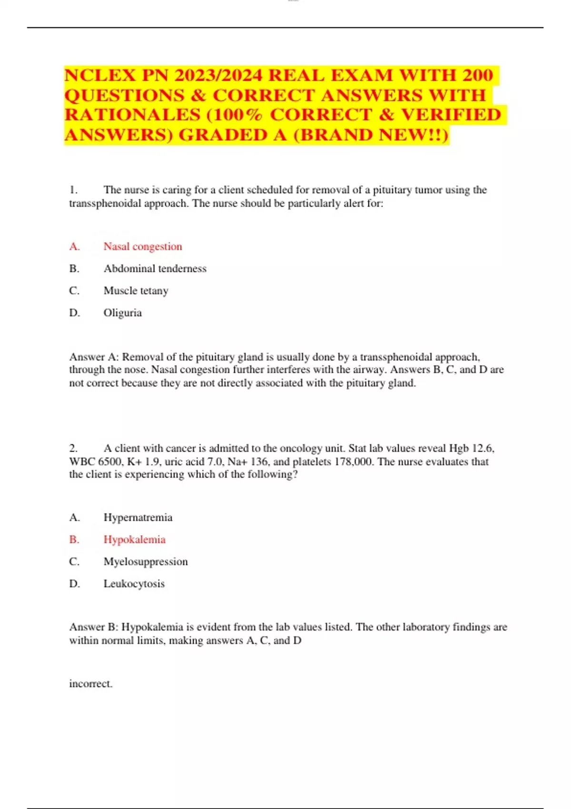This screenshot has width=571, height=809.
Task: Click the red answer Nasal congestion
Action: pos(143,247)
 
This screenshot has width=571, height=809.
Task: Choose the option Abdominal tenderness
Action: pos(155,268)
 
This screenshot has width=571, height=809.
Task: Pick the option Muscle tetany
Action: pos(136,291)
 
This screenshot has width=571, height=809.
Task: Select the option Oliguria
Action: pos(123,313)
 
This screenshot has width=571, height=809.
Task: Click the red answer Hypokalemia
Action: pos(135,540)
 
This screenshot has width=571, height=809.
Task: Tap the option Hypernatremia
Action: pos(138,517)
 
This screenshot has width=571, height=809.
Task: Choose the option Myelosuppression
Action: pos(146,562)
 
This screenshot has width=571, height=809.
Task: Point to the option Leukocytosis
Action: pos(134,584)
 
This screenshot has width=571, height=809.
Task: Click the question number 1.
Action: pos(73,190)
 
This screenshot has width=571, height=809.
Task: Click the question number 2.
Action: pos(73,448)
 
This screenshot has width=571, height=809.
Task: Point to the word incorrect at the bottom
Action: pos(90,684)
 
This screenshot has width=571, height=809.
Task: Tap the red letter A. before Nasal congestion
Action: pos(74,247)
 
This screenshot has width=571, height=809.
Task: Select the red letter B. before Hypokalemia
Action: pos(74,540)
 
